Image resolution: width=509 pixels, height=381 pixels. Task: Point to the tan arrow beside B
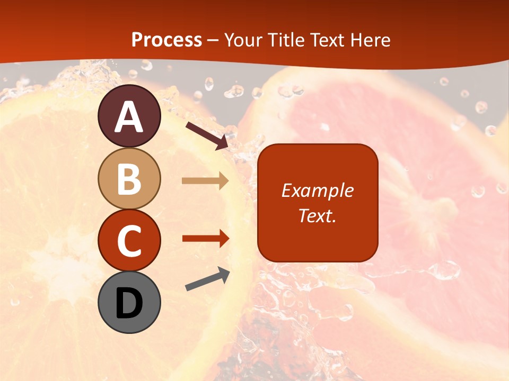coord(205,181)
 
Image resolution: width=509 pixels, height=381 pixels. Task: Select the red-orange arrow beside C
coord(205,239)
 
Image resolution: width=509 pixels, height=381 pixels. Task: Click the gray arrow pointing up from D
coord(207,279)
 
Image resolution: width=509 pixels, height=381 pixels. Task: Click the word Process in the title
coord(166,40)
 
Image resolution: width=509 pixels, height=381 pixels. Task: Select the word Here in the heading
coord(370,40)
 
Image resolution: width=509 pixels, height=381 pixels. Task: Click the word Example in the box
coord(317,190)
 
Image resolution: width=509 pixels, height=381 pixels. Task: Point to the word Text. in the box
coord(317,215)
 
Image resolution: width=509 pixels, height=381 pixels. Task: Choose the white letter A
coord(129,117)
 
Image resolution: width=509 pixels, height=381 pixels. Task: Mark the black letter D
coord(129,303)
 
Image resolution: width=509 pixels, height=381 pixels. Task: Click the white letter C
coord(129,241)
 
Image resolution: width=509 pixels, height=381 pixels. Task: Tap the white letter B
coord(129,179)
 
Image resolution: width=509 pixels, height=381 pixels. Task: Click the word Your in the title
coord(244,40)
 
